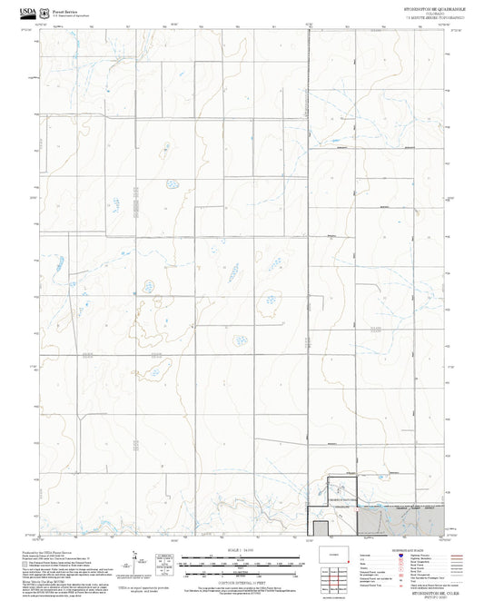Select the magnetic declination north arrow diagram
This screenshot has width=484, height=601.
(x=136, y=561)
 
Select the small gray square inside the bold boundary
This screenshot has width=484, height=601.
(x=320, y=527)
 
